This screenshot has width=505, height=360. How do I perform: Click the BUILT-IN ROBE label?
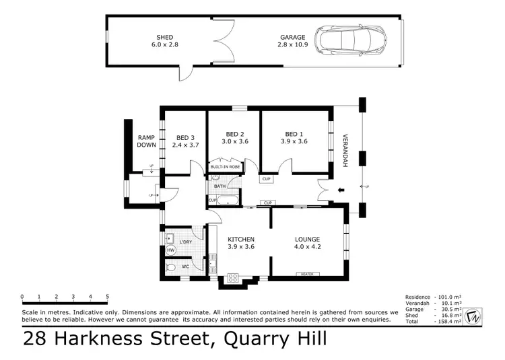pyautogui.click(x=225, y=166)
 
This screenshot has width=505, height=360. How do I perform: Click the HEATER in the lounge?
pyautogui.click(x=308, y=274)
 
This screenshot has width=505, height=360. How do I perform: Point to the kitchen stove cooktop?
pyautogui.click(x=234, y=277)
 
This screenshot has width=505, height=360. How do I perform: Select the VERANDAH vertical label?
pyautogui.click(x=344, y=149)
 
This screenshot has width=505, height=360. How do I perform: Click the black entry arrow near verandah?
pyautogui.click(x=341, y=190)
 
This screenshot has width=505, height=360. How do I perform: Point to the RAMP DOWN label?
pyautogui.click(x=146, y=141)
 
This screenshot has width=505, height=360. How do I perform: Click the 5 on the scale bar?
pyautogui.click(x=108, y=296)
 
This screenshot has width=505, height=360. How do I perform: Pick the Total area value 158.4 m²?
pyautogui.click(x=466, y=320)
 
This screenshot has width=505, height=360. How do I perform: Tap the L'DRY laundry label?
pyautogui.click(x=186, y=240)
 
